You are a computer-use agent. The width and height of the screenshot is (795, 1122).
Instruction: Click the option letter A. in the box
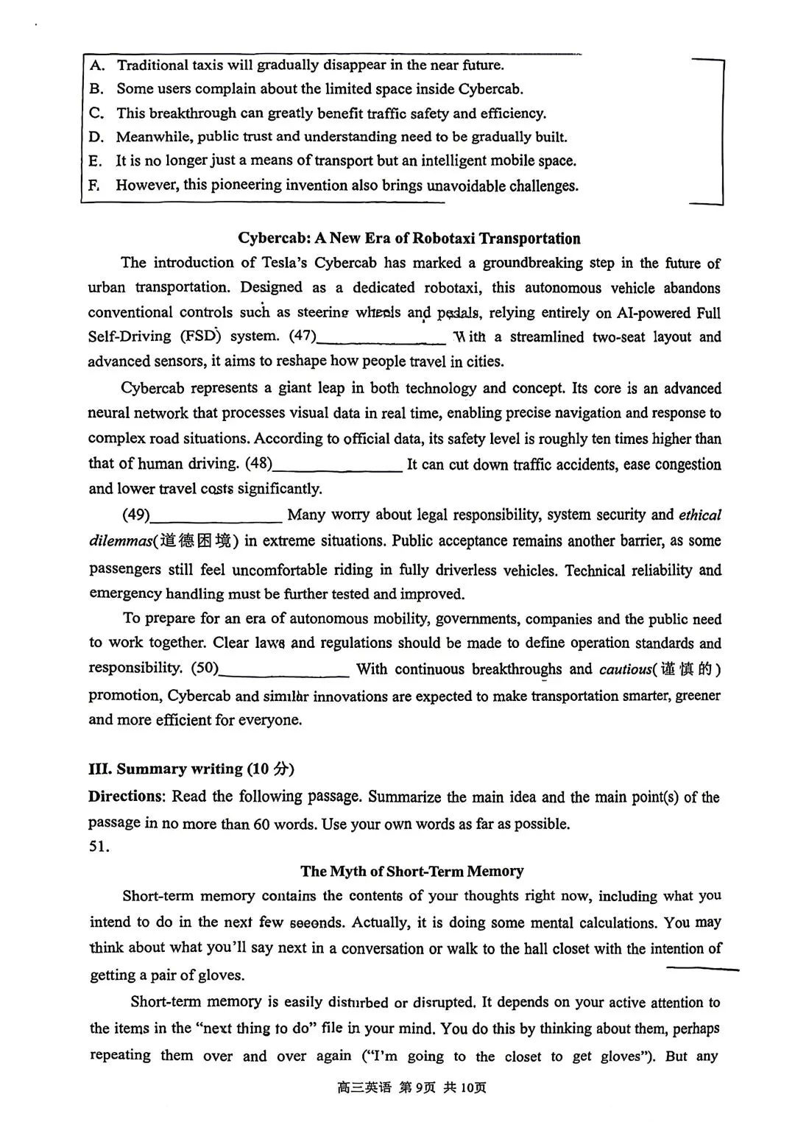click(x=96, y=66)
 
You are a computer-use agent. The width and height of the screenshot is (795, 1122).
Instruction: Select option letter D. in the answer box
click(x=96, y=137)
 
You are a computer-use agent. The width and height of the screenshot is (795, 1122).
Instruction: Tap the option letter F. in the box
click(x=94, y=185)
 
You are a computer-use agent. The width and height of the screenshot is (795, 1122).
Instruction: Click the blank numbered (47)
click(x=381, y=338)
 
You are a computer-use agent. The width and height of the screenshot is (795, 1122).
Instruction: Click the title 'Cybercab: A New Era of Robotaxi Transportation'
click(x=409, y=239)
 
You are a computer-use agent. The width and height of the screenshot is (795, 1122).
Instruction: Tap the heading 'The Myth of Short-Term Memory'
click(x=411, y=872)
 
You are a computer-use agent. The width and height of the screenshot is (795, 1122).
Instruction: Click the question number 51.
click(x=99, y=847)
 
